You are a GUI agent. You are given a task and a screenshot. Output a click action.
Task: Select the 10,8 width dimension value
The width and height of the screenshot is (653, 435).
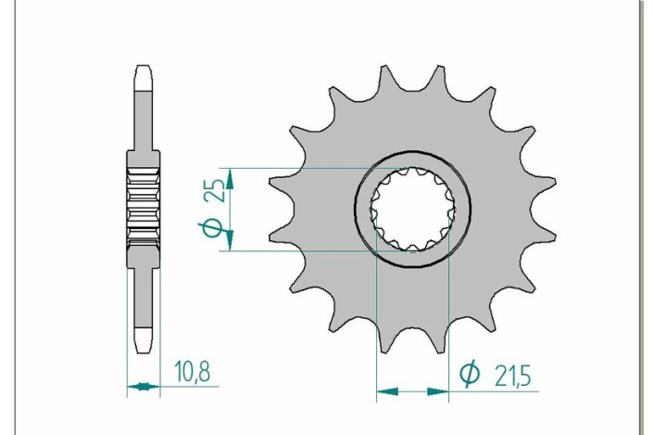192,372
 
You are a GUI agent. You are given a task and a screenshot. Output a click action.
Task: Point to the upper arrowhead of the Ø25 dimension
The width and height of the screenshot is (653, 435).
231,175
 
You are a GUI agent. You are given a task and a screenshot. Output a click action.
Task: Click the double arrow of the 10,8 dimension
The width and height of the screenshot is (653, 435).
140,384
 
